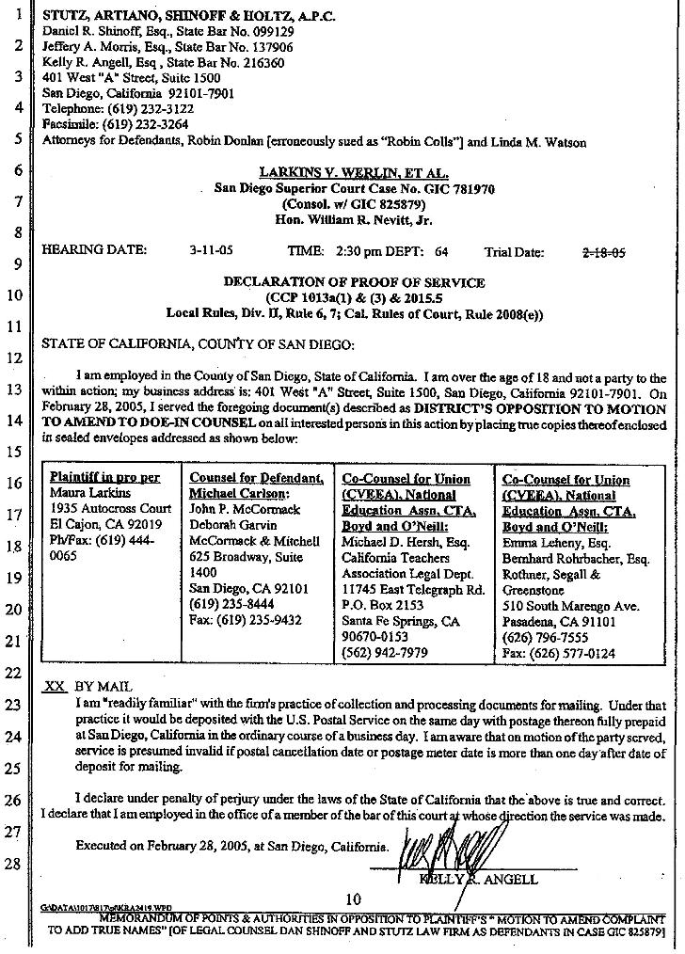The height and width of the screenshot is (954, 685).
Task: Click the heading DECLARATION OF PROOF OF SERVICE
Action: click(354, 282)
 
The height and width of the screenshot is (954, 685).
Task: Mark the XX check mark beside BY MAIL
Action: click(55, 687)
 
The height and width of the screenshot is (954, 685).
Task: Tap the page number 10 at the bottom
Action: click(354, 899)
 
